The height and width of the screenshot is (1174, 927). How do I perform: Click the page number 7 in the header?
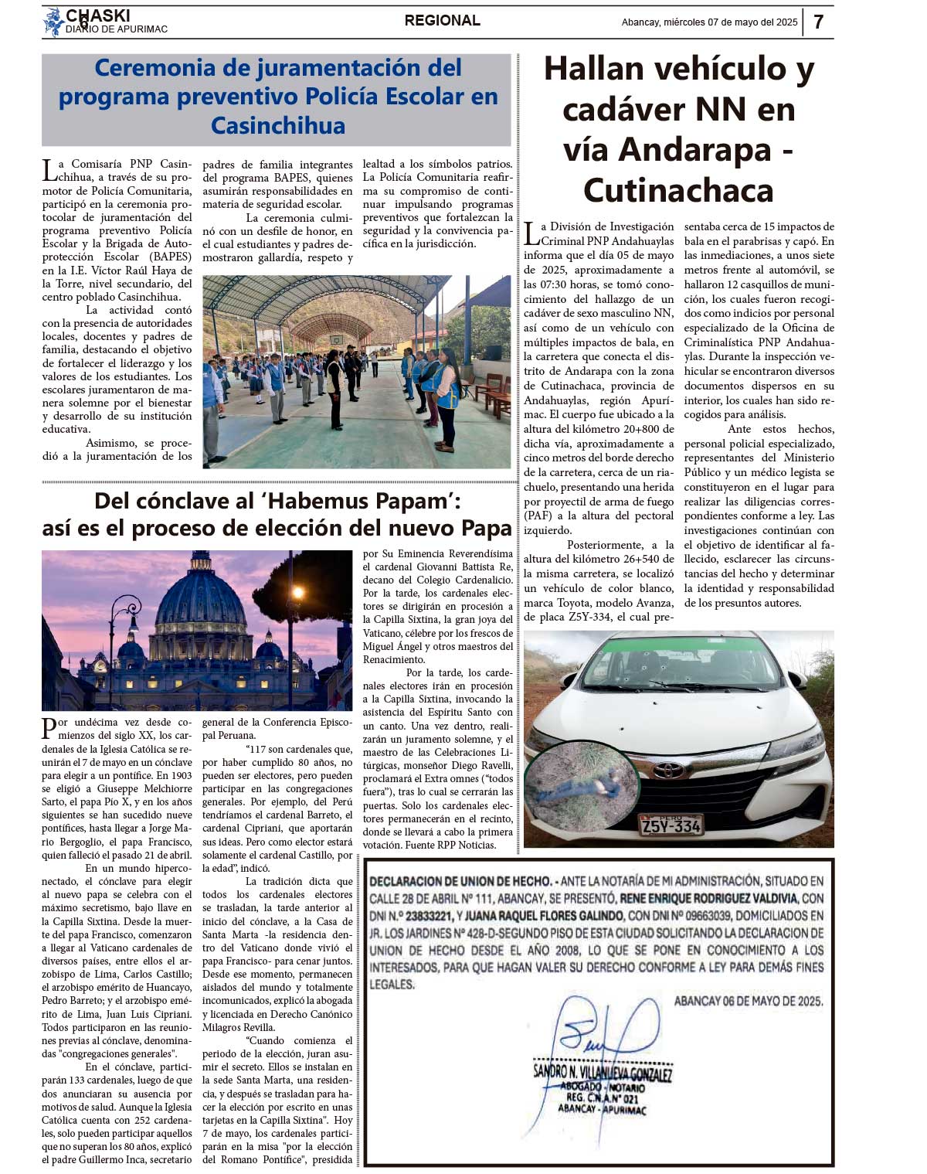818,22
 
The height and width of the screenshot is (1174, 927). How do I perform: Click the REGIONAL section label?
442,21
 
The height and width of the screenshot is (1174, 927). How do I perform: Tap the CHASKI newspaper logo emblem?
53,22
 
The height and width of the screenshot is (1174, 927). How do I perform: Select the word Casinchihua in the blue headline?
277,125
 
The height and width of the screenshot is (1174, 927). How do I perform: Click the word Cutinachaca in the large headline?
678,190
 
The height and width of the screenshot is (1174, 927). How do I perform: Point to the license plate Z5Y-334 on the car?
671,825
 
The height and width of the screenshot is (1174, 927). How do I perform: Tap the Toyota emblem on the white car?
669,771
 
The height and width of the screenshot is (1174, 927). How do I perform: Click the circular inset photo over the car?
580,785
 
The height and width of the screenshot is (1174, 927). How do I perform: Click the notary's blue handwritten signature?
603,1032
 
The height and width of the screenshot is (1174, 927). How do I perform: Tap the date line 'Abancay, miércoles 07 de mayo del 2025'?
709,22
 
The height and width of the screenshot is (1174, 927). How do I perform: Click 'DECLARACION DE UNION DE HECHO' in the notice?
460,881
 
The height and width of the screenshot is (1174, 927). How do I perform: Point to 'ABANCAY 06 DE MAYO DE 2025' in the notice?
748,1001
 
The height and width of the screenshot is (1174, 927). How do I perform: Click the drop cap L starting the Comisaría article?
49,169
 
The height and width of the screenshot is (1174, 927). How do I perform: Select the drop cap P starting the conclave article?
49,727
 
